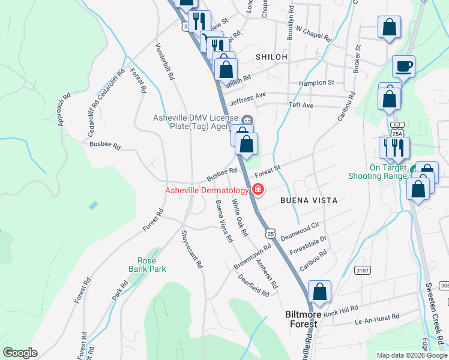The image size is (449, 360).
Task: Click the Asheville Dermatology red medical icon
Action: pos(258,190)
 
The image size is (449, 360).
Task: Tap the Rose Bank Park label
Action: pos(143,265)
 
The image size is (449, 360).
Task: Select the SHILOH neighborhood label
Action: pos(271,56)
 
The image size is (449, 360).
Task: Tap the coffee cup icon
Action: pos(403,66)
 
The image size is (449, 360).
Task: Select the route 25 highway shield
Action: pos(271,232)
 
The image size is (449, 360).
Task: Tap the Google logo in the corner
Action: pos(20,353)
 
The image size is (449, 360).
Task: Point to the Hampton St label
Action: pos(317,82)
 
